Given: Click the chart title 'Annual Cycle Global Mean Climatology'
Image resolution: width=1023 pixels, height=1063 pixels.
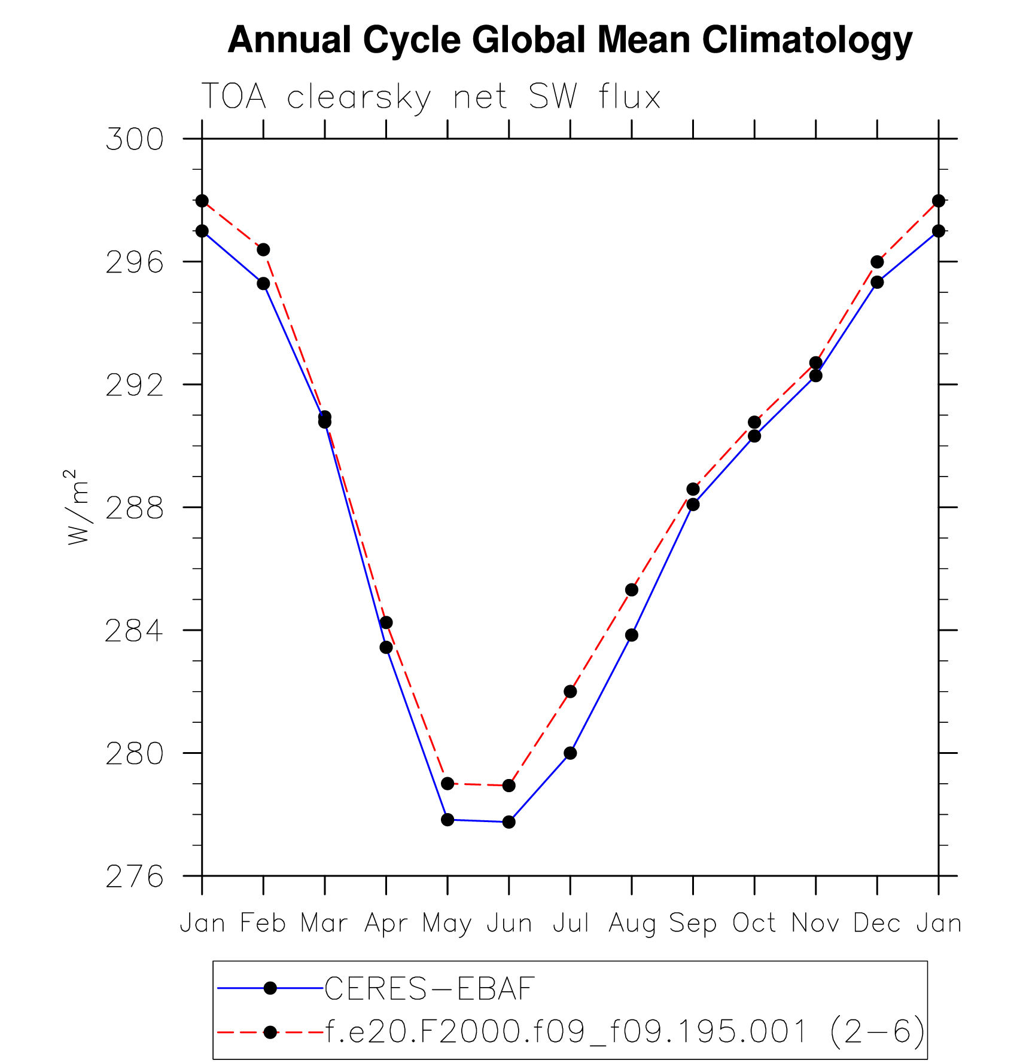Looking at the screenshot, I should tap(570, 40).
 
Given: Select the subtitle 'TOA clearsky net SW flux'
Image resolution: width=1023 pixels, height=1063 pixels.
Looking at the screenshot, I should tap(431, 97).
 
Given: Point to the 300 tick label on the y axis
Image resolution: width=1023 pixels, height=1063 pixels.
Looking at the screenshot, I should tap(134, 139).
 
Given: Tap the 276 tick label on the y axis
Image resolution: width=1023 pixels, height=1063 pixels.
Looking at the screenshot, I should tap(134, 877).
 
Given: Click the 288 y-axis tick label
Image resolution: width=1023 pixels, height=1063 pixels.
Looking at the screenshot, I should tap(134, 508).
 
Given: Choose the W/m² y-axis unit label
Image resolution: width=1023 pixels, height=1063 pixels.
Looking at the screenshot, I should tap(78, 507).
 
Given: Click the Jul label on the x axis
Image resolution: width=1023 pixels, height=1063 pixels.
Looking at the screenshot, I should tap(570, 923).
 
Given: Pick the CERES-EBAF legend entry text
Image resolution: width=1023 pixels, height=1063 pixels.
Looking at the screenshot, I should tap(429, 988).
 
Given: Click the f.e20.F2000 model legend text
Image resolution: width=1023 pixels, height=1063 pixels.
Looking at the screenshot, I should tap(625, 1031).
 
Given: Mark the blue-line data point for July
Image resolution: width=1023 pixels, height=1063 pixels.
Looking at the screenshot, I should tap(570, 753).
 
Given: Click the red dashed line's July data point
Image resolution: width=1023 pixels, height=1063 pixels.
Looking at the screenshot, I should tap(570, 691).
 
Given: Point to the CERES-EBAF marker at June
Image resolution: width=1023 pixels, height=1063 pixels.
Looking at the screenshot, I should tap(509, 821).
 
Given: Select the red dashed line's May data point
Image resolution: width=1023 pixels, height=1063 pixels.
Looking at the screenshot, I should tap(447, 783).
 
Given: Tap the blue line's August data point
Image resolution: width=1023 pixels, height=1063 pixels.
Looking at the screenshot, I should tap(632, 635).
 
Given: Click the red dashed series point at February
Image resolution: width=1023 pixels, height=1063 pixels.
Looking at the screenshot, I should tap(263, 249).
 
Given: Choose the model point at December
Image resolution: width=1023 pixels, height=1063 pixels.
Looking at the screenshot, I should tap(877, 262).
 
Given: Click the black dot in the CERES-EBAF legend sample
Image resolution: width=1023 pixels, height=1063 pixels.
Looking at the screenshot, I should tap(270, 988).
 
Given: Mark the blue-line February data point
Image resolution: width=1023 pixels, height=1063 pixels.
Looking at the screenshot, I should tap(263, 283).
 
